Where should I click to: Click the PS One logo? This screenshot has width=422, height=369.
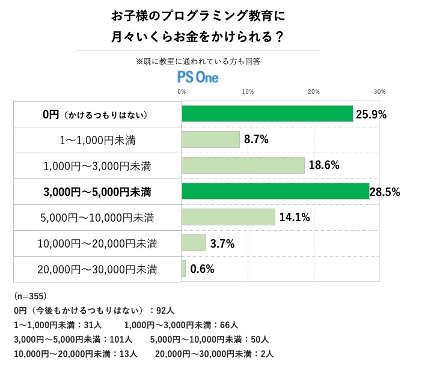coord(198,77)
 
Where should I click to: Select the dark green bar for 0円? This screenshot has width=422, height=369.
coord(267,114)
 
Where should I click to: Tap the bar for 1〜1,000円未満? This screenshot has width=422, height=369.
coord(210,139)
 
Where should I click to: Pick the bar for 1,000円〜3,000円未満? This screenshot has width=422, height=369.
coord(243,165)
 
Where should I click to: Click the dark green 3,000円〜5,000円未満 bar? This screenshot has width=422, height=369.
coord(275,192)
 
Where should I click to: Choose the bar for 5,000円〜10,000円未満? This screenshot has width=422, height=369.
coord(228,217)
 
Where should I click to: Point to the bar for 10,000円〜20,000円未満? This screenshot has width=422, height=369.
coord(194,243)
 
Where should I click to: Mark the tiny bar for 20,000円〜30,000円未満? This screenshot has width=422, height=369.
coord(184,269)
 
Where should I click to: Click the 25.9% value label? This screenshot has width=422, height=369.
coord(372,114)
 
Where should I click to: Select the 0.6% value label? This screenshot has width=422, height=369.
coord(202,269)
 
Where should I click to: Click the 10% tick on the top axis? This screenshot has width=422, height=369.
coord(246,91)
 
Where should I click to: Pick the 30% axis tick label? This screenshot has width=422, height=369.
coord(379,91)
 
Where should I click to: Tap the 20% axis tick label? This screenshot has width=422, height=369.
coord(313,91)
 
